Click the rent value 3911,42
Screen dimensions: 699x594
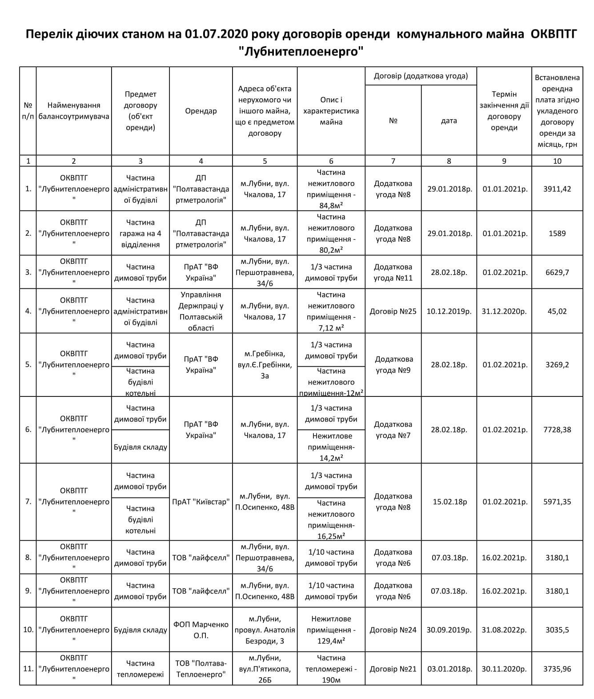point(557,189)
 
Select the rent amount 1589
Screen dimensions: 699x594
point(557,233)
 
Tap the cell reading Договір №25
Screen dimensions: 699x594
point(393,311)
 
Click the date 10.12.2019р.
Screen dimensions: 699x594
point(449,311)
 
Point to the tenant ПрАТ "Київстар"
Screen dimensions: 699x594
point(201,502)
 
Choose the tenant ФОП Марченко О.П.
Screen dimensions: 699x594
point(201,630)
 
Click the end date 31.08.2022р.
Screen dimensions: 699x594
point(504,630)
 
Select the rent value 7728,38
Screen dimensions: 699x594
point(557,430)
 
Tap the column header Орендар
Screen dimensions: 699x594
point(201,111)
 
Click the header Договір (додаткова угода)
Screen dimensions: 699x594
point(421,76)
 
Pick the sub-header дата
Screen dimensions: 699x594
point(449,121)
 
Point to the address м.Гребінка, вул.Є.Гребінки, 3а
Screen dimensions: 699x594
point(265,365)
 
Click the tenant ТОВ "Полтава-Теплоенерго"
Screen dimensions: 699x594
point(201,669)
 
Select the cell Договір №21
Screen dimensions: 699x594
point(393,669)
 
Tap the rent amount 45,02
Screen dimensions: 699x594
point(557,311)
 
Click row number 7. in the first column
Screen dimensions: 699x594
point(28,502)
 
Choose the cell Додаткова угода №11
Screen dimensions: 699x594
point(393,272)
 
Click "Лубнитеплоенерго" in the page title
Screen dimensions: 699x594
point(301,51)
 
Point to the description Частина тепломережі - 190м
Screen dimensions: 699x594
point(331,669)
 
